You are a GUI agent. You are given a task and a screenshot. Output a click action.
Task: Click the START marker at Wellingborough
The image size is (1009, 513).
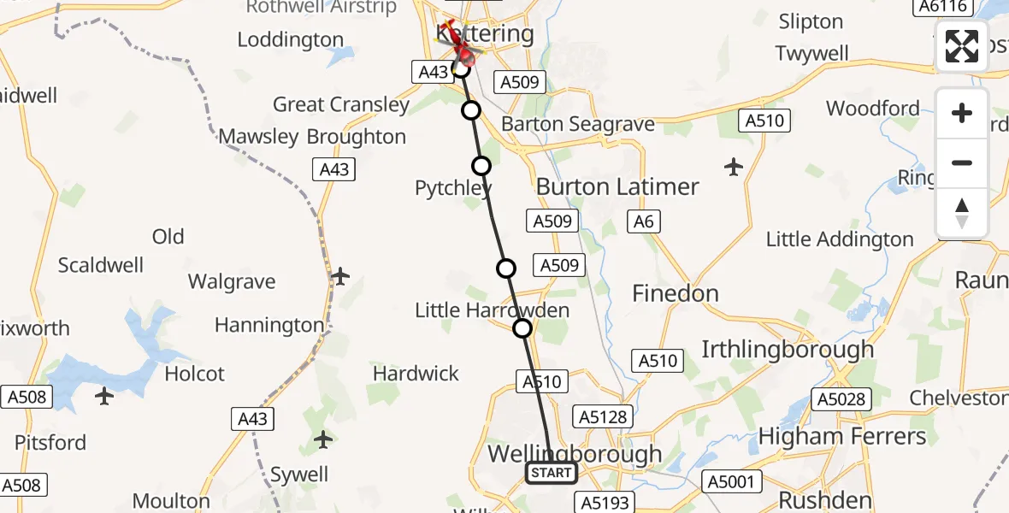(551, 473)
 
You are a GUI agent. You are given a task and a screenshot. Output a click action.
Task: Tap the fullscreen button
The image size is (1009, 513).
(962, 46)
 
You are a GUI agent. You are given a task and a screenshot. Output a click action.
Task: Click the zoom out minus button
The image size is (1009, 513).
(962, 162)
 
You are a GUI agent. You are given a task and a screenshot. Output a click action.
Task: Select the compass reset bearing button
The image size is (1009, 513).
(962, 213)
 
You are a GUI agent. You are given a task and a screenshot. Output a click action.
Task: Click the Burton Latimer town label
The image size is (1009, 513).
(617, 186)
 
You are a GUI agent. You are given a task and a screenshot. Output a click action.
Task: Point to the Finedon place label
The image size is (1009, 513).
(675, 293)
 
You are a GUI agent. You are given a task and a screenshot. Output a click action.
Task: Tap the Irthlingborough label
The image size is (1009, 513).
(788, 349)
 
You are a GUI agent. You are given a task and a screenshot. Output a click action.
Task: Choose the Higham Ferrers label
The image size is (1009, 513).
(842, 436)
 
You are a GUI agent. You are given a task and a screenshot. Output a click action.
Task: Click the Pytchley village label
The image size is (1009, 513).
(452, 188)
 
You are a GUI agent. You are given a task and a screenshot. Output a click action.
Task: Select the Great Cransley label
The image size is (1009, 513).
(341, 104)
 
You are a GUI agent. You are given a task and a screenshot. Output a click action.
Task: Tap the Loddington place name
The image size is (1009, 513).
(291, 39)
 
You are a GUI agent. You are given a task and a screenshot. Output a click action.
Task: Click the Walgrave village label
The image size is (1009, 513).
(232, 281)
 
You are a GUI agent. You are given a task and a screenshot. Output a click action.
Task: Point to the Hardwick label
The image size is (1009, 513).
(416, 374)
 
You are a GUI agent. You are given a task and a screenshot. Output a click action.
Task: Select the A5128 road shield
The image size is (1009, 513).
(603, 417)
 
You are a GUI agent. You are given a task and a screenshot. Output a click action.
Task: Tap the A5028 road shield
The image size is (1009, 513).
(841, 398)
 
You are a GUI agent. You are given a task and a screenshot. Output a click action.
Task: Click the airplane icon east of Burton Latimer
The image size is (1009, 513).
(734, 167)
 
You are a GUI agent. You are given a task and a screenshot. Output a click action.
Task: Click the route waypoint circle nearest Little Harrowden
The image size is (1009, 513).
(522, 328)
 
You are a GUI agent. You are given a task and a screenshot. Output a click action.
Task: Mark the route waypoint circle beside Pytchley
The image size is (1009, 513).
(481, 166)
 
